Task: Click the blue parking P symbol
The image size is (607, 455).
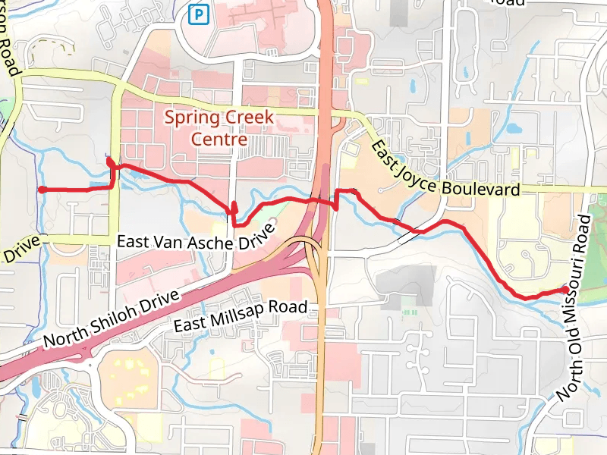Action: [x=199, y=14]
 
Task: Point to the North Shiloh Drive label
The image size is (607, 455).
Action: [x=113, y=318]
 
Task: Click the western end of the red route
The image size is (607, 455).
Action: [x=42, y=190]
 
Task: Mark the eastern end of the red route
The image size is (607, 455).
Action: [x=564, y=289]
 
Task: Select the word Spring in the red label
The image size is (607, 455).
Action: [x=192, y=118]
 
